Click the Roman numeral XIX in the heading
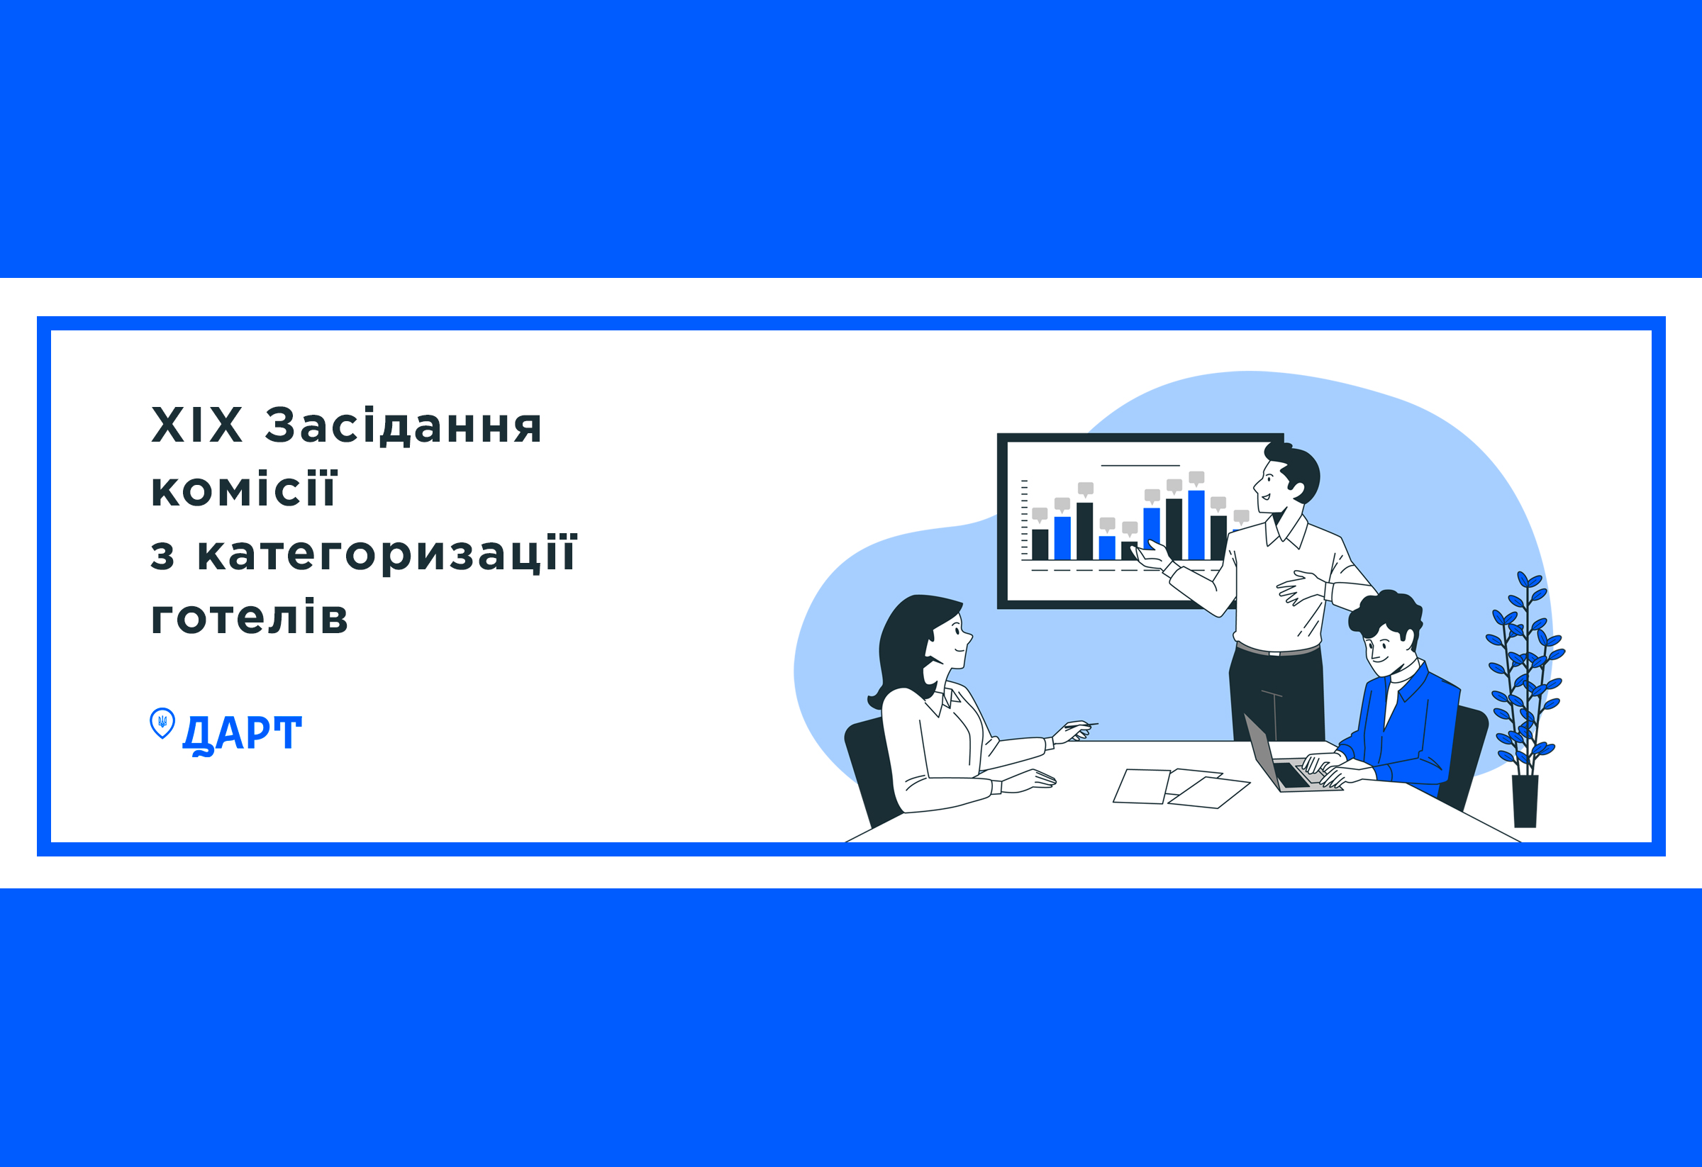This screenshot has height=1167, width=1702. point(196,425)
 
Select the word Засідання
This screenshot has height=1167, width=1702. point(403,426)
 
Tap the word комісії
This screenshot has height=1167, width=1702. point(243,488)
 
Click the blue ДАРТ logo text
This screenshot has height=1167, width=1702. point(242,735)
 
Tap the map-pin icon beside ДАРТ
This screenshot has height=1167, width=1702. point(162,722)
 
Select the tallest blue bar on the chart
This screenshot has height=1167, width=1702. point(1196,525)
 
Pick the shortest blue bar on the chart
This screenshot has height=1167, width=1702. point(1106,547)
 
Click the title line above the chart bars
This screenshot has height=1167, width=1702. point(1140,466)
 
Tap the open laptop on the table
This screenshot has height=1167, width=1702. point(1286,758)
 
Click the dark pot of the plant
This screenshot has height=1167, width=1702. point(1525,802)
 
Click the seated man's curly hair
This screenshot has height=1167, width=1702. point(1386,613)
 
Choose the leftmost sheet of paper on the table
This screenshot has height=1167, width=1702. point(1140,786)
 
